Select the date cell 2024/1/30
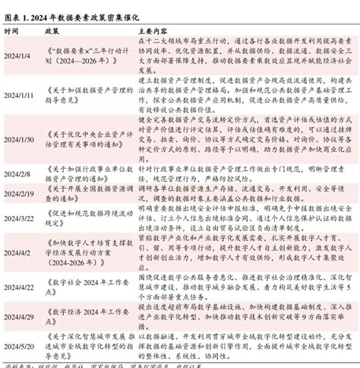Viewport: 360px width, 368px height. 19,139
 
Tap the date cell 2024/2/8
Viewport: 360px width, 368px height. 17,174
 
